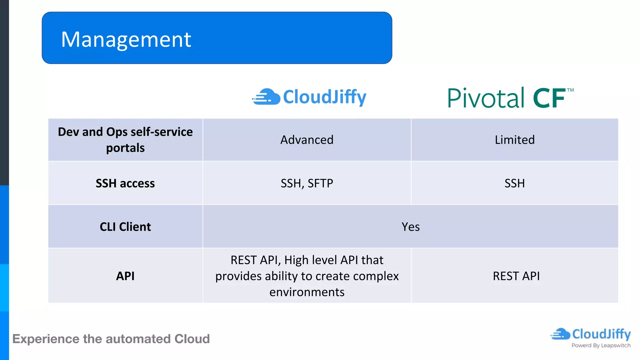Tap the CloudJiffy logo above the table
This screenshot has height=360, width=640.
(309, 97)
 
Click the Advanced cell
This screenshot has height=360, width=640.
(307, 140)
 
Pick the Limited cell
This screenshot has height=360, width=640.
(515, 140)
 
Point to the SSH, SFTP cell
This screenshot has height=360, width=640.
(307, 183)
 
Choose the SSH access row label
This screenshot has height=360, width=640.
(125, 183)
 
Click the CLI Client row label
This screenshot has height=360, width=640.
(125, 227)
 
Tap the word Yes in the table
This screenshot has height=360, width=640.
(410, 227)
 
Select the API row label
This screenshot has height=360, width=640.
(125, 276)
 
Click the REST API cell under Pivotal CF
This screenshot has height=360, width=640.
(516, 276)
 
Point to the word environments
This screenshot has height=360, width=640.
(307, 292)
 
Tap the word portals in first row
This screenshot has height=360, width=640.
(125, 148)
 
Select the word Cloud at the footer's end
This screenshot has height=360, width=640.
(192, 339)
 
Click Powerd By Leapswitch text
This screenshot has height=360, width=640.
(601, 345)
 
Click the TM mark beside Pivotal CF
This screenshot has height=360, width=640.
(570, 90)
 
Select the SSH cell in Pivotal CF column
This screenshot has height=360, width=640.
(515, 183)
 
